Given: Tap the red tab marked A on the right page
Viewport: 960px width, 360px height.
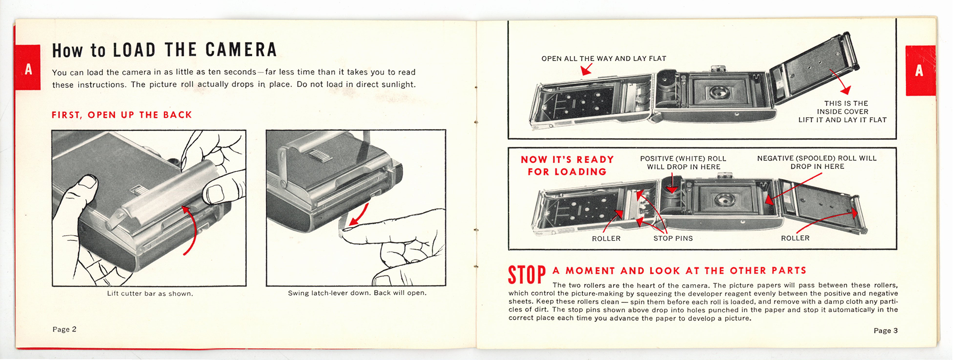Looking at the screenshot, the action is click(x=920, y=71).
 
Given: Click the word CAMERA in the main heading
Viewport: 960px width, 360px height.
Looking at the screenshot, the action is click(x=241, y=50).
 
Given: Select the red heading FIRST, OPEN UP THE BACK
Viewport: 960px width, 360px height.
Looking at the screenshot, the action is click(x=122, y=115).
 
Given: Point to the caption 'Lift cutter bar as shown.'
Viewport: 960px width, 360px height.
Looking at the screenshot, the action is click(x=150, y=293).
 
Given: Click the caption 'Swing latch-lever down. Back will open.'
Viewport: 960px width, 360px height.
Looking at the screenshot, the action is click(x=357, y=293).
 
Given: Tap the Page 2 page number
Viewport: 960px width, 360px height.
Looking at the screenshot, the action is click(x=64, y=329).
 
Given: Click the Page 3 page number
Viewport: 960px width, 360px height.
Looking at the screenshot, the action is click(x=886, y=330).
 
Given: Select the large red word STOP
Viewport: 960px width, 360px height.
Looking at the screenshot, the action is click(x=527, y=275).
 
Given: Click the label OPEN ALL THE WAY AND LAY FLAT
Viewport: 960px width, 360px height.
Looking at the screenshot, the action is click(x=604, y=59).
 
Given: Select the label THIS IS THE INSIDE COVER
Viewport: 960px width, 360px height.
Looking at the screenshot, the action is click(x=843, y=108).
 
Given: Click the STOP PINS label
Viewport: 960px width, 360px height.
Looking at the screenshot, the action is click(x=673, y=238).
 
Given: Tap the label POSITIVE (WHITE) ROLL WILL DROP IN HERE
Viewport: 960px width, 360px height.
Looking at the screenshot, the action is click(x=683, y=163).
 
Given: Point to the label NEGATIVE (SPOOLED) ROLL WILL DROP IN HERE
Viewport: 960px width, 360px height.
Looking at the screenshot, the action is click(x=817, y=162).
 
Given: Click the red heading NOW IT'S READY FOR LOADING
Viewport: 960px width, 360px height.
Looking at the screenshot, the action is click(x=567, y=166).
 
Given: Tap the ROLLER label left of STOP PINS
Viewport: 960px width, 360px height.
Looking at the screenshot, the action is click(x=606, y=239).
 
